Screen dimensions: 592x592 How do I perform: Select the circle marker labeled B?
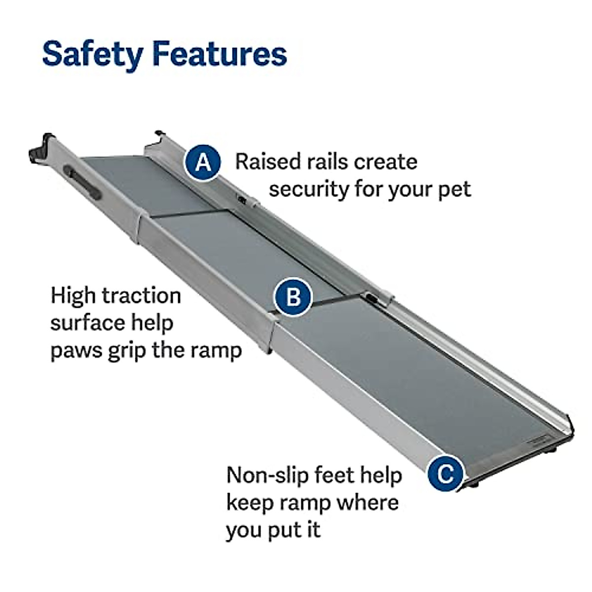[x=293, y=297]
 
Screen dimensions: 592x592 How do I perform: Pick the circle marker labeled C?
[x=445, y=474]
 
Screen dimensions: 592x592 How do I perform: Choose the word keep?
[x=251, y=503]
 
